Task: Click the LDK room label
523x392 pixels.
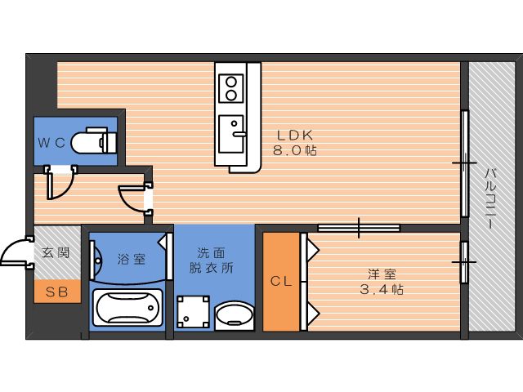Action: click(x=295, y=136)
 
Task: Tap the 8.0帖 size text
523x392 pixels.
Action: click(x=295, y=150)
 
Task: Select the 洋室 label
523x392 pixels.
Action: click(x=382, y=274)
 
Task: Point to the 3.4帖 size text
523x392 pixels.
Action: click(x=382, y=289)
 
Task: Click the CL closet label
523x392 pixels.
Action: click(x=281, y=282)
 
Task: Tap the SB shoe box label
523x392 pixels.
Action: click(x=56, y=292)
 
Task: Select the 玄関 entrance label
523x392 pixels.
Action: click(x=56, y=253)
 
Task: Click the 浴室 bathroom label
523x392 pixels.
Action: click(x=132, y=259)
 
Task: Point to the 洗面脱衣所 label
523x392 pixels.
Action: click(x=212, y=261)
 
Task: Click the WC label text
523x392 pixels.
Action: click(x=51, y=143)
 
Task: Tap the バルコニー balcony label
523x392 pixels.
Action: click(x=489, y=198)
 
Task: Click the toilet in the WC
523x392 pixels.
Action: click(x=94, y=140)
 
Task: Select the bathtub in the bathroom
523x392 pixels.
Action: click(x=127, y=308)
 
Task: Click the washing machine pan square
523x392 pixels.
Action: click(x=193, y=312)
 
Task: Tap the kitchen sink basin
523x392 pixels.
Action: click(x=231, y=134)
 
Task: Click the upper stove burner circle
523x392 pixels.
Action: click(x=231, y=81)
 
